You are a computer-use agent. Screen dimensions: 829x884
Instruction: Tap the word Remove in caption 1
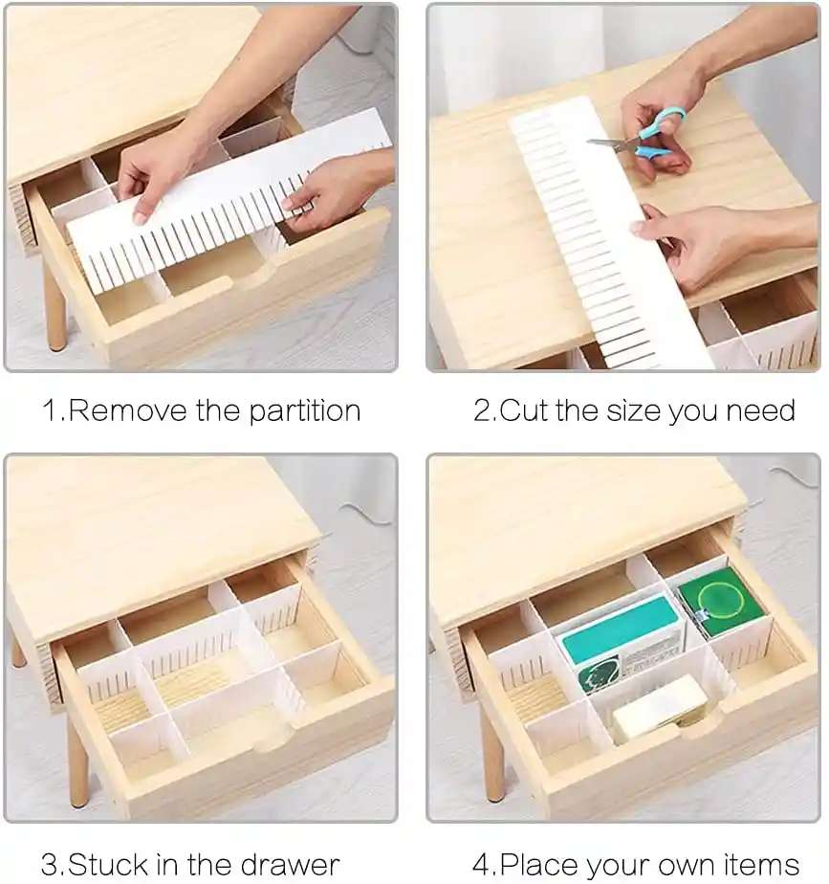click(127, 410)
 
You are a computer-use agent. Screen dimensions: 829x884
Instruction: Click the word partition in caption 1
click(304, 411)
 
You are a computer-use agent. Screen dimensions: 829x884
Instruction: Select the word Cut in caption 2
click(524, 410)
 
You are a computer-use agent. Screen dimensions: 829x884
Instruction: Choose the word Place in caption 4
click(535, 864)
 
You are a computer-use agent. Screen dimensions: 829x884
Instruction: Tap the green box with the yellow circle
click(718, 603)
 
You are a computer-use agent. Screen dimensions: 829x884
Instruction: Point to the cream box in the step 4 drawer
click(660, 708)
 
